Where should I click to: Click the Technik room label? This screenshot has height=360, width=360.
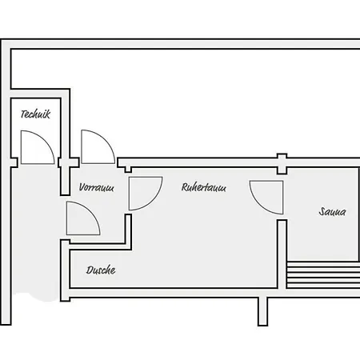35,114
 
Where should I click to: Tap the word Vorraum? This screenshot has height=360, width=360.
97,187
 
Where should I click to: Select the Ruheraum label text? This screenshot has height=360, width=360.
204,187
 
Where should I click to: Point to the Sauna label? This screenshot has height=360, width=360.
332,211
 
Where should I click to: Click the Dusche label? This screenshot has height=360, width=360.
101,270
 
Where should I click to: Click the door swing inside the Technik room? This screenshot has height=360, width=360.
38,147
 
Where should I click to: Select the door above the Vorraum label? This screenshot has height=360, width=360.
98,146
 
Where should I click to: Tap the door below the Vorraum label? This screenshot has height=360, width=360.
83,218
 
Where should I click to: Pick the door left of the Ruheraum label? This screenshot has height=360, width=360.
146,194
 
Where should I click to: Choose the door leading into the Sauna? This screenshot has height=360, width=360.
266,198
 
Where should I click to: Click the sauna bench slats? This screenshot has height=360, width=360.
323,275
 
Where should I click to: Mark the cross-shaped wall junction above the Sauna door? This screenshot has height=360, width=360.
282,163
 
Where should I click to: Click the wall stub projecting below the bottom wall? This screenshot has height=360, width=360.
262,311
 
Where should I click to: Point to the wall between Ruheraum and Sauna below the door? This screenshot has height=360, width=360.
282,254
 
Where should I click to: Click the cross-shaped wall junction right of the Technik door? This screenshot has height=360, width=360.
69,162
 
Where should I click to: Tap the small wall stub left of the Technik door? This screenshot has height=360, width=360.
14,162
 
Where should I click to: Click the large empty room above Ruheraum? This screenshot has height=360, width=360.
184,102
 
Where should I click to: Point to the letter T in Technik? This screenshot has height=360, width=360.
23,114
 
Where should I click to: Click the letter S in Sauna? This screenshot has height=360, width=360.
322,211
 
